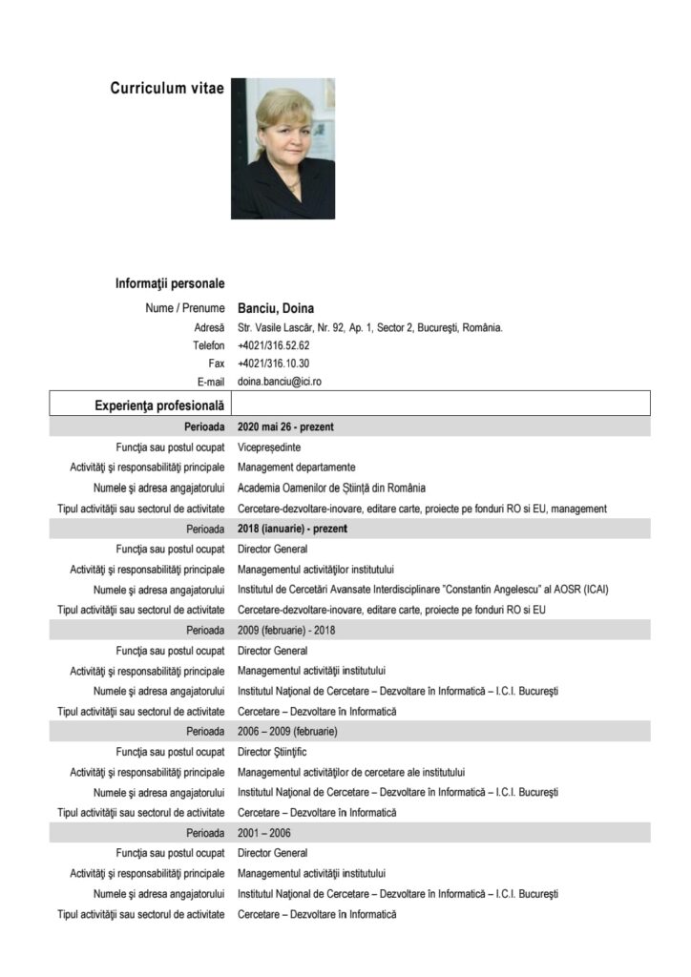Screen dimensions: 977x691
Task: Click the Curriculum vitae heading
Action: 167,89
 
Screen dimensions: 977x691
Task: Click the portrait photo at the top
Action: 283,149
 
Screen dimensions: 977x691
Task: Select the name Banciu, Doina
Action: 276,308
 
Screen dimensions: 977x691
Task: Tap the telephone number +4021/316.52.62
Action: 273,345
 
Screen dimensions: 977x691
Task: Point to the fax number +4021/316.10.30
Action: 273,364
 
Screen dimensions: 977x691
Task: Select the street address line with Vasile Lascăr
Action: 369,327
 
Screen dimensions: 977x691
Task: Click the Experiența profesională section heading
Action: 159,405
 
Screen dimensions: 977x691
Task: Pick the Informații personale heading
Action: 170,283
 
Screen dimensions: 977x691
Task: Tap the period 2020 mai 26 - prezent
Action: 285,426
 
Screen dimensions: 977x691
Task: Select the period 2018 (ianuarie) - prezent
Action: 292,528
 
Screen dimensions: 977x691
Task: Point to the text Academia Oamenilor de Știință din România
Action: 331,488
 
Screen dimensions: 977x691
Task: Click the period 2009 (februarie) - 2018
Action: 286,630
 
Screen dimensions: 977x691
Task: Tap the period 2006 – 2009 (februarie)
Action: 287,731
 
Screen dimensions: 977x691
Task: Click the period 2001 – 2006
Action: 262,833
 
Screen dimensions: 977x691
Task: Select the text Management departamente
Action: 296,467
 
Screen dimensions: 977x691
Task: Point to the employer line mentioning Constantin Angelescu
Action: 423,589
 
